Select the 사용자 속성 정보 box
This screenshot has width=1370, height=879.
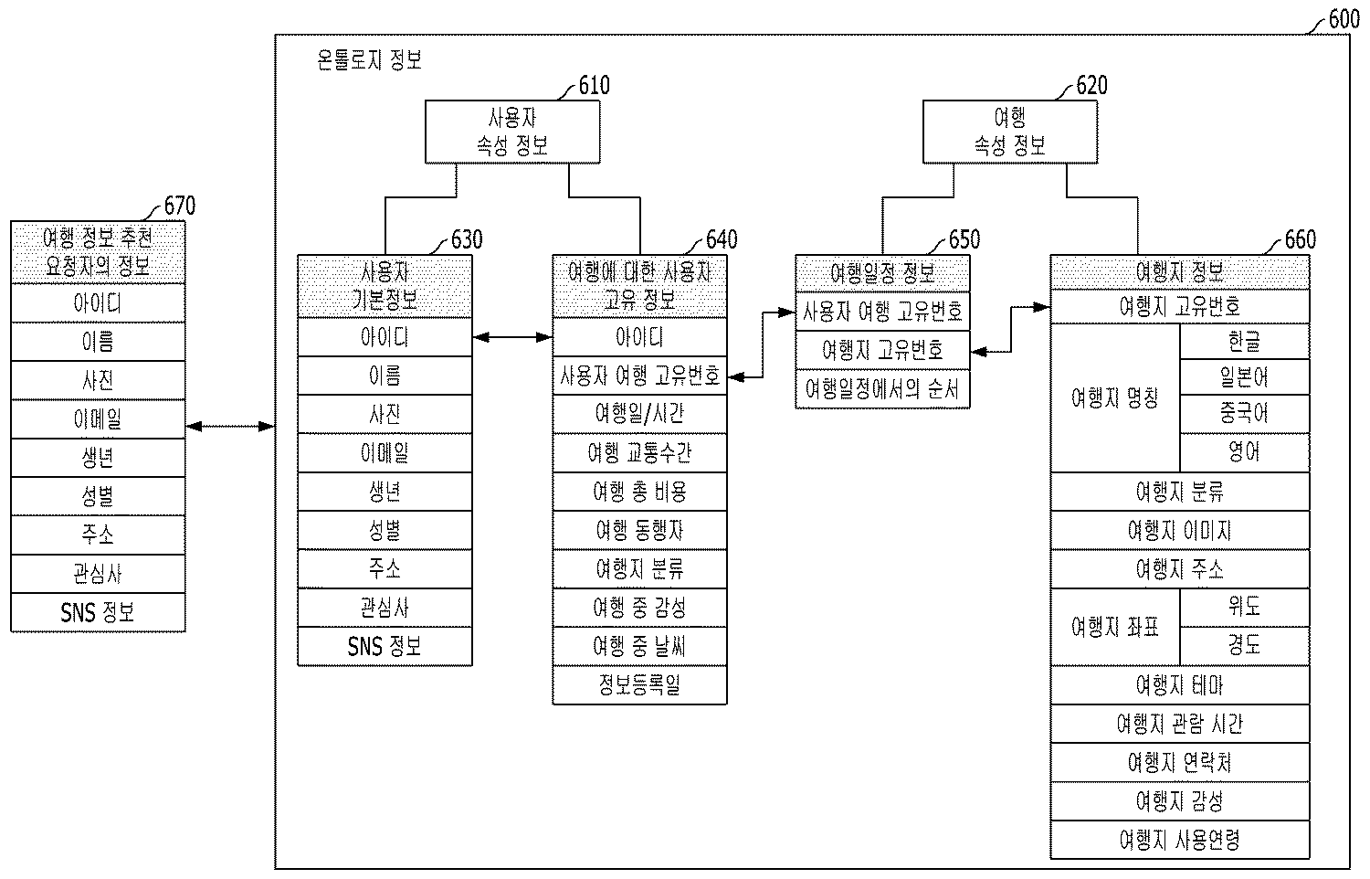coord(512,132)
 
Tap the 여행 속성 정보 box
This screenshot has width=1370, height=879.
coord(1009,132)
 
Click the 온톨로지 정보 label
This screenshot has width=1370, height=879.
coord(369,61)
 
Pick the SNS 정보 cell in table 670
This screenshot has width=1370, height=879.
coord(98,612)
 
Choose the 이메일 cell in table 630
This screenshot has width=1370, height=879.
coord(385,453)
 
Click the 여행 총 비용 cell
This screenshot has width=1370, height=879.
coord(639,492)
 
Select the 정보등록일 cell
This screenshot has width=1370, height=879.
coord(639,685)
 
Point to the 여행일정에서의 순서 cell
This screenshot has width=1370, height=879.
coord(882,389)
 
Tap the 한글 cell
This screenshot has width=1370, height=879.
coord(1244,342)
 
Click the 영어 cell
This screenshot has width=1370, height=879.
coord(1244,452)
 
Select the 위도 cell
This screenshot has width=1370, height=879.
coord(1244,606)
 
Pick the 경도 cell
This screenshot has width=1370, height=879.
coord(1244,645)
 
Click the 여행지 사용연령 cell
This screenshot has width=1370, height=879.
coord(1179,840)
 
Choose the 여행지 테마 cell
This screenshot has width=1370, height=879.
coord(1179,685)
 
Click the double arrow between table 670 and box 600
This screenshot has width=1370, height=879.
coord(230,426)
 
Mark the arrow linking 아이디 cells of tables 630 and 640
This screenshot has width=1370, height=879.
coord(512,338)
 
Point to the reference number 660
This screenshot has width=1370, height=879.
coord(1300,239)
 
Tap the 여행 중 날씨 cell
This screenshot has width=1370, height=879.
coord(639,647)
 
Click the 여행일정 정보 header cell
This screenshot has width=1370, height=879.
coord(882,272)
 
